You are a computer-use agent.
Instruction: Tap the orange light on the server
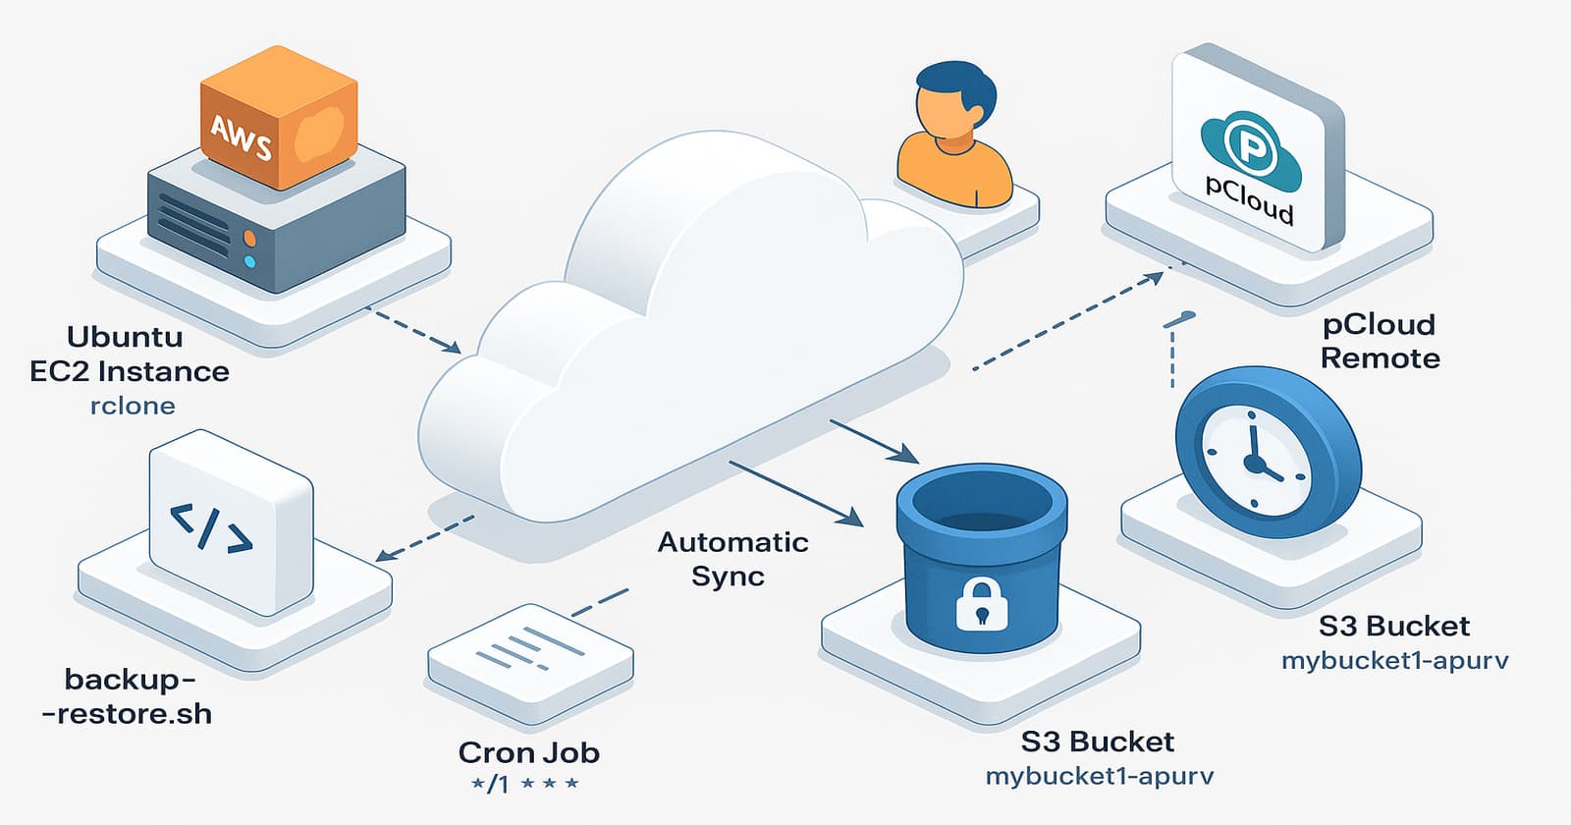coord(249,238)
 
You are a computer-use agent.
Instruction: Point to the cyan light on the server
coord(249,261)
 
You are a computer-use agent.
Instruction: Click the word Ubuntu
coord(125,337)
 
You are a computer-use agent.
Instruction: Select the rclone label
coord(133,406)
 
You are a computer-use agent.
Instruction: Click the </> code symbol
coord(212,528)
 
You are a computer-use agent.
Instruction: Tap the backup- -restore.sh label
coord(128,695)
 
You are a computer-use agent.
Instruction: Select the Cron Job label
coord(528,753)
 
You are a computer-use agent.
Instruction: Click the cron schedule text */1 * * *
coord(524,784)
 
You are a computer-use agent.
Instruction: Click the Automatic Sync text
coord(731,558)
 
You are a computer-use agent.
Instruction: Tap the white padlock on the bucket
coord(981,602)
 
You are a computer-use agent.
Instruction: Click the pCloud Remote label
coord(1379,341)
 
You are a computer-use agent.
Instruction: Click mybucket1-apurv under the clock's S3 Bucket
coord(1394,660)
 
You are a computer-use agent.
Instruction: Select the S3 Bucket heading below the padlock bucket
coord(1097,742)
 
